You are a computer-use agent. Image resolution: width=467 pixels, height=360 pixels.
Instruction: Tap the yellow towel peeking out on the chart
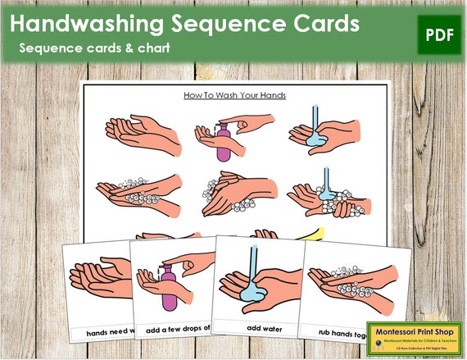312,234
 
